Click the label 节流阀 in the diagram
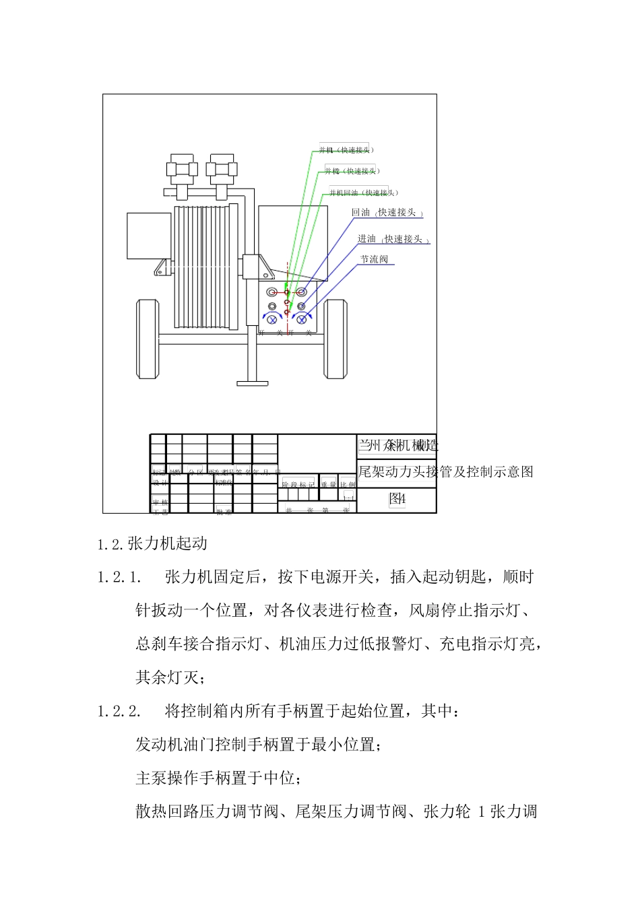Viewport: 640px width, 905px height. (x=374, y=259)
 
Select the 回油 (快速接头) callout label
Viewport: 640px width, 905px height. (x=387, y=213)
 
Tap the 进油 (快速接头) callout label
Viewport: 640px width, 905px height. (x=393, y=239)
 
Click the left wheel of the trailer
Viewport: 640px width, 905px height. (x=148, y=339)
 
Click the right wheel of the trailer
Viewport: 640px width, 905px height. (x=335, y=339)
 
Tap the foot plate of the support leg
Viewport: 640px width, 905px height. (x=253, y=384)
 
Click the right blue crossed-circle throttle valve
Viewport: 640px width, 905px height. (x=302, y=319)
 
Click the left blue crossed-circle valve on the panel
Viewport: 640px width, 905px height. (x=273, y=319)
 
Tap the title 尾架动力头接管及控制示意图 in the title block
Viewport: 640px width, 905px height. (x=445, y=471)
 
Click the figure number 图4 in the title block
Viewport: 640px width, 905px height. (x=397, y=499)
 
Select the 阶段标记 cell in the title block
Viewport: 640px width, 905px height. (x=298, y=484)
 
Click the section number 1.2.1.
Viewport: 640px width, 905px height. (x=119, y=578)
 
